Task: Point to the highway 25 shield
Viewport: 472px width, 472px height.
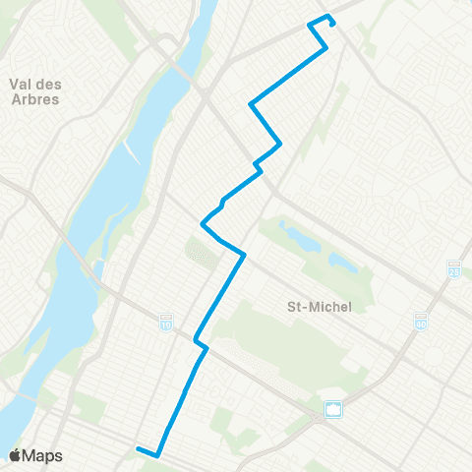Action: [x=454, y=267]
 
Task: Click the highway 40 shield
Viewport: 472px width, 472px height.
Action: [x=421, y=322]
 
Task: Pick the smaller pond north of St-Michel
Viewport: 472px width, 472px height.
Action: [x=343, y=263]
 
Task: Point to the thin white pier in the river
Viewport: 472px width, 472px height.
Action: [x=131, y=147]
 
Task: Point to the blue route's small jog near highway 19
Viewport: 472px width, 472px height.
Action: [x=201, y=344]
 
